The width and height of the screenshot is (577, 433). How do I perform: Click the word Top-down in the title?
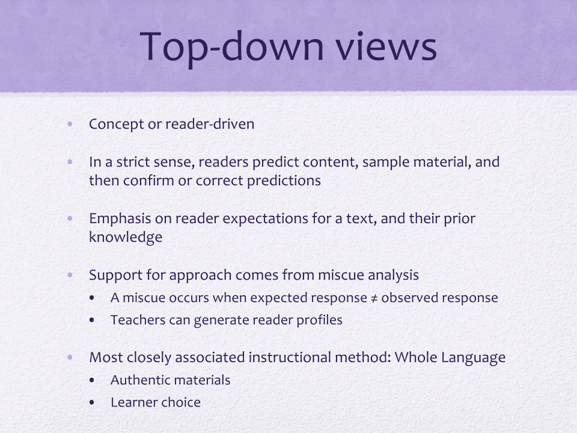232,47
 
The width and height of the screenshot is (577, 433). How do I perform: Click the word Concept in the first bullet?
116,124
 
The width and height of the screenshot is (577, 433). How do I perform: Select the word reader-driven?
210,124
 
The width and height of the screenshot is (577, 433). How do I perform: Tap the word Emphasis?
120,219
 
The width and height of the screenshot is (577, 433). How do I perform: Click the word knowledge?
126,238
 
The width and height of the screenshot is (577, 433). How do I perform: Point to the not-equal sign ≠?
374,298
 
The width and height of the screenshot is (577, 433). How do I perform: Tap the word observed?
408,298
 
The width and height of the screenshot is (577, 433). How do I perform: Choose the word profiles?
319,321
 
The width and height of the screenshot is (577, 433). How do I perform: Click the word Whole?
415,357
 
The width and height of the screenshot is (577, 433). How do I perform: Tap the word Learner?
132,402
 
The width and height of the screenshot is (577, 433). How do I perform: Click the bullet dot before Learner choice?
91,403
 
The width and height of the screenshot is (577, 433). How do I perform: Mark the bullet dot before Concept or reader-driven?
70,124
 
